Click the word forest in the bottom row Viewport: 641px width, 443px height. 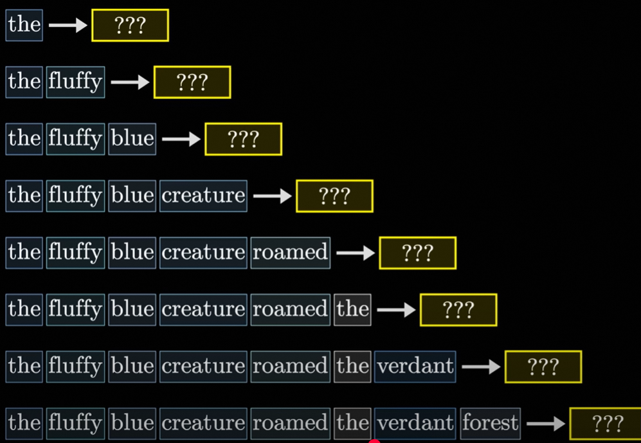(491, 422)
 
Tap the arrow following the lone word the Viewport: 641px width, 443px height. (68, 25)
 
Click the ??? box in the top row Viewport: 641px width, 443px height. (130, 26)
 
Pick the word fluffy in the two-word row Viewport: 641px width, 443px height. (75, 82)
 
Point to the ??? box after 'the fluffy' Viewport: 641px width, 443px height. (192, 82)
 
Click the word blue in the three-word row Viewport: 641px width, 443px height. (132, 139)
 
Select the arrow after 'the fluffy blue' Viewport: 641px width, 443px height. (181, 139)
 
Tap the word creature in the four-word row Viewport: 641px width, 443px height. (204, 195)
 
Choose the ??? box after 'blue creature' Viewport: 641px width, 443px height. (334, 196)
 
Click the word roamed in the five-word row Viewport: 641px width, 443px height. (291, 252)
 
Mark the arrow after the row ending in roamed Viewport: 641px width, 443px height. (356, 253)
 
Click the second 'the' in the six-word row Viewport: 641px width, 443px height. (352, 309)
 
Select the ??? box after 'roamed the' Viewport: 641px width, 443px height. (458, 310)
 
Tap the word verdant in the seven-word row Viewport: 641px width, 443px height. (415, 366)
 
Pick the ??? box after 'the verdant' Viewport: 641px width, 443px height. (543, 366)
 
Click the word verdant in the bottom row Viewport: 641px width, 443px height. (415, 422)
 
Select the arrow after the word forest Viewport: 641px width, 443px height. (545, 424)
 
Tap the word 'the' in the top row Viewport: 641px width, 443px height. (24, 25)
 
